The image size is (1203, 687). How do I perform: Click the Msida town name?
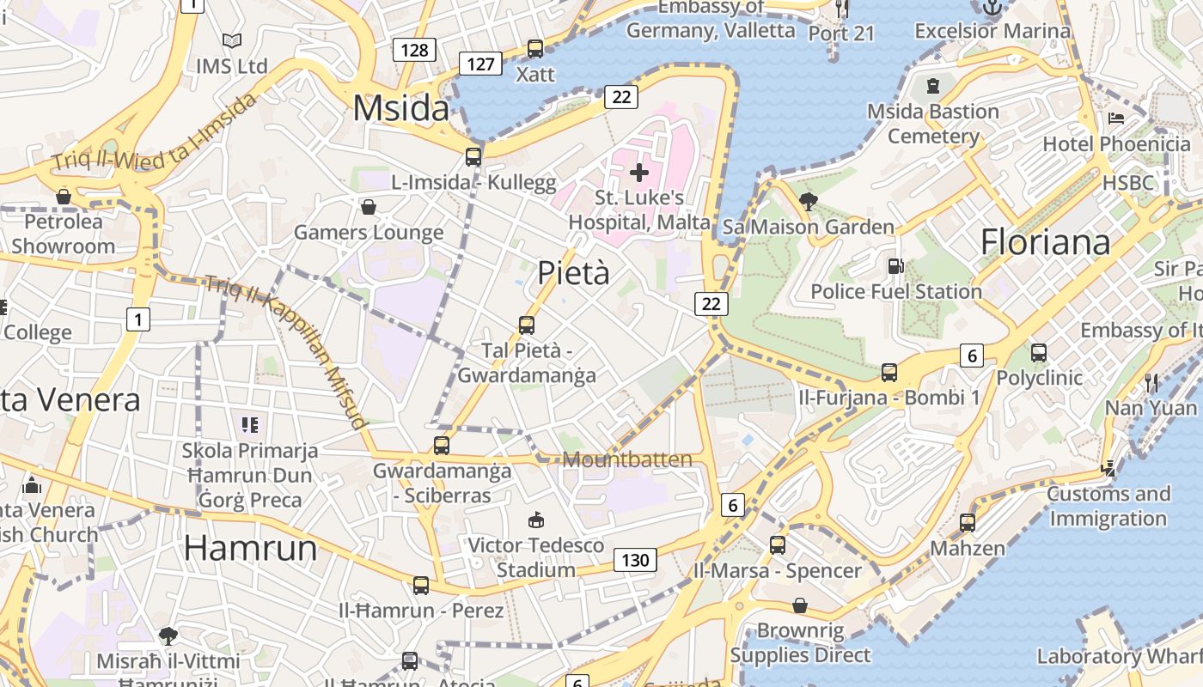400,109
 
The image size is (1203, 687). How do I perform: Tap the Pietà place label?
573,273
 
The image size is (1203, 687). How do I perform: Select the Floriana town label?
1045,242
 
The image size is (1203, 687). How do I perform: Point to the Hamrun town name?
251,548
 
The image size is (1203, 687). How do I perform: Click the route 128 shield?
414,50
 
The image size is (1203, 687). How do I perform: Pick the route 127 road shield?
480,64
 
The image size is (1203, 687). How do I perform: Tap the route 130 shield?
635,561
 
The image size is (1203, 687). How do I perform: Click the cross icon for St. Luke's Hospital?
639,173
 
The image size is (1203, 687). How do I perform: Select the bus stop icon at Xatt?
535,49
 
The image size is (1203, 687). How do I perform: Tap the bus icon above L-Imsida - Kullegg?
473,156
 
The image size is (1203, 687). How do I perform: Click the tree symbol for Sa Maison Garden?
808,202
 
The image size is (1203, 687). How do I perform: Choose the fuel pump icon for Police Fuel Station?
895,266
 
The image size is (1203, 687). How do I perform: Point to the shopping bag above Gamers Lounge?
369,207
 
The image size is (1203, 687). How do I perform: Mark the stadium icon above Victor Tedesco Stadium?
536,520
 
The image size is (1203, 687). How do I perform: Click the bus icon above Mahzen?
968,522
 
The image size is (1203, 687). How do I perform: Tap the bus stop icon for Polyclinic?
1039,352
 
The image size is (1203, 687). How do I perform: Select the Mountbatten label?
627,459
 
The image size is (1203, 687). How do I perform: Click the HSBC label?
1128,182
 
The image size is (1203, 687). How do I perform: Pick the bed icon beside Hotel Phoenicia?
1116,118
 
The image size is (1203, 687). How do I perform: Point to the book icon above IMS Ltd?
231,40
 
